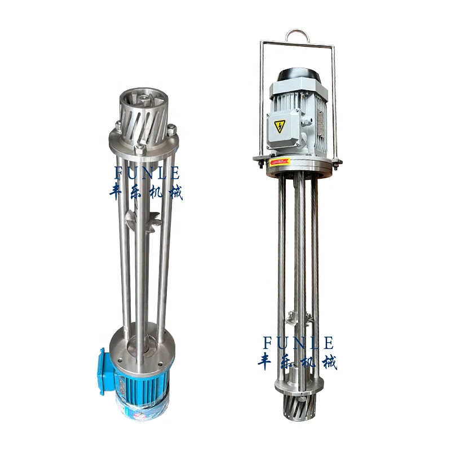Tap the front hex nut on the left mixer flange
(x=138, y=149)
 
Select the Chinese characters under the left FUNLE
(x=146, y=192)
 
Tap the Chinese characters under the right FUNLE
(x=298, y=361)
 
